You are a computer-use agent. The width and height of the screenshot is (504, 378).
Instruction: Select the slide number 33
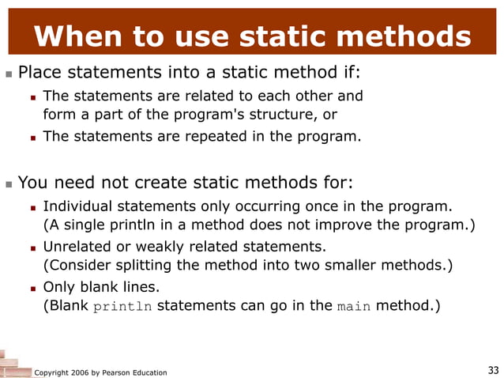[493, 370]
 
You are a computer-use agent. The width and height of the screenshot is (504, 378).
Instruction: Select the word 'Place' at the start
[38, 74]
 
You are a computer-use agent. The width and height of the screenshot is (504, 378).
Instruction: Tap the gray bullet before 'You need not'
[8, 183]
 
